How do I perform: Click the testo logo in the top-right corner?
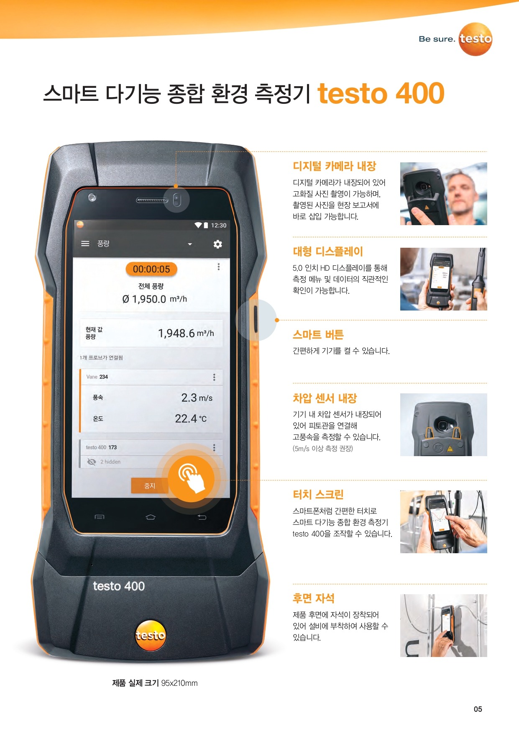[476, 39]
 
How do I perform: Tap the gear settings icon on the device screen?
[217, 244]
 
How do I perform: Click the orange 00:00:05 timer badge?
[151, 269]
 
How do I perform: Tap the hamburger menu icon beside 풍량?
[85, 244]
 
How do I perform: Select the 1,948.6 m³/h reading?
[186, 333]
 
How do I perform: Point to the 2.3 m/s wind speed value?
[197, 398]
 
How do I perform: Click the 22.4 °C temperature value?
[191, 418]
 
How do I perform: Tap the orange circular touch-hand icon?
[192, 479]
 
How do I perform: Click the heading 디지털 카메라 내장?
[335, 166]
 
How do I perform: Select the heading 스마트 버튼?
[318, 335]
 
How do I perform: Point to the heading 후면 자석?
[314, 598]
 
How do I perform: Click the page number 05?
[478, 709]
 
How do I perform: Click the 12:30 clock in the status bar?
[218, 225]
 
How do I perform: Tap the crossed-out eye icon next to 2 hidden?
[92, 462]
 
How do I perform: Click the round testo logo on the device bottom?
[150, 635]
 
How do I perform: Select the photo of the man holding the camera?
[444, 194]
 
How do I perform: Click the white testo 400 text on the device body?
[119, 586]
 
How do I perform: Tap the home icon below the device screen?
[151, 517]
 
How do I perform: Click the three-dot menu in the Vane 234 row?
[214, 377]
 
